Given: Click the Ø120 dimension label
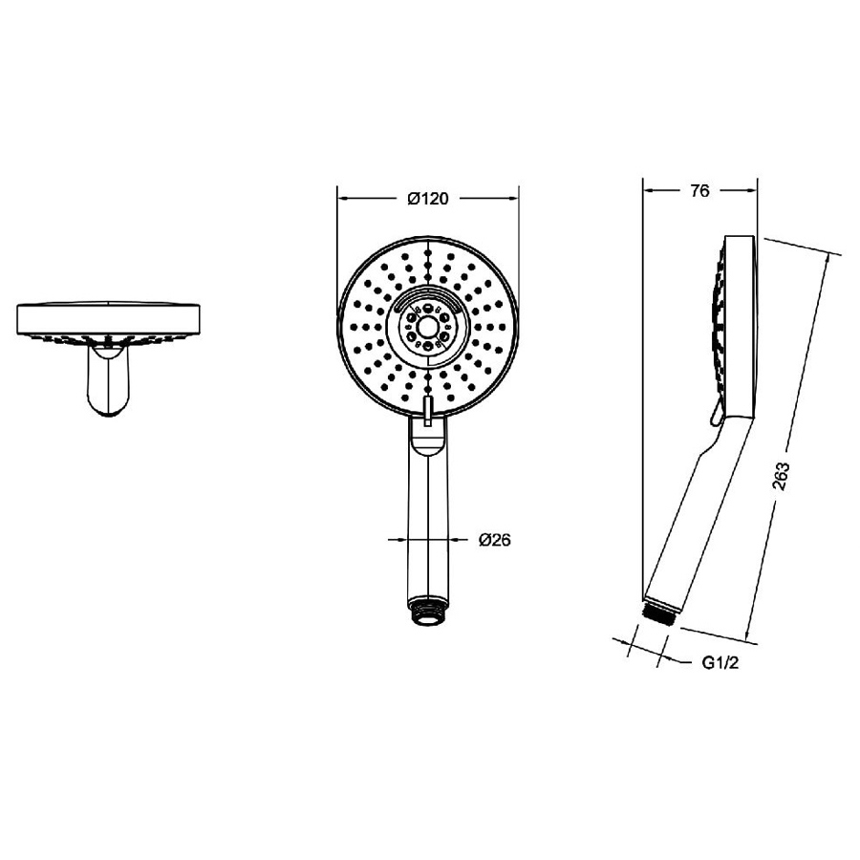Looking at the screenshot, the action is pyautogui.click(x=428, y=198).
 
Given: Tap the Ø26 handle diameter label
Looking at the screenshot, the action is pyautogui.click(x=494, y=540).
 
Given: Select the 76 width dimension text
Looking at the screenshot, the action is pyautogui.click(x=699, y=191).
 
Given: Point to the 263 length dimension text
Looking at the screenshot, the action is pyautogui.click(x=781, y=477).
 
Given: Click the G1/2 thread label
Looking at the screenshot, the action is pyautogui.click(x=720, y=663).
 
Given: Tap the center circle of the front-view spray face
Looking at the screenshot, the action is pyautogui.click(x=427, y=328).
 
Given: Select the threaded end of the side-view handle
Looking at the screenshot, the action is pyautogui.click(x=660, y=613).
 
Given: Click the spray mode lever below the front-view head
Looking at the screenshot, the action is pyautogui.click(x=427, y=411).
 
